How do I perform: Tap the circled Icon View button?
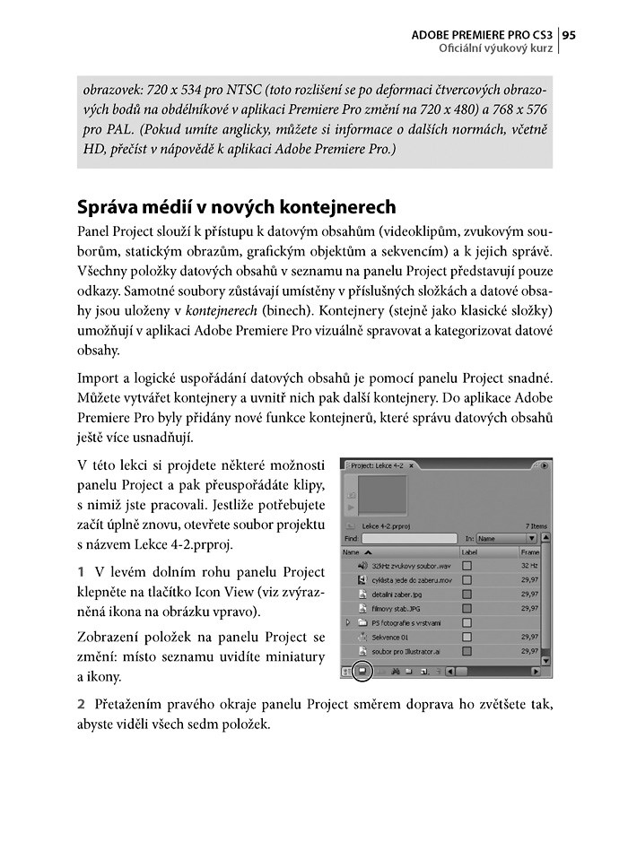coord(362,670)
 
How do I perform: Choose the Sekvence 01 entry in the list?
coord(396,636)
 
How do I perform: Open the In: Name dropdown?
coord(506,539)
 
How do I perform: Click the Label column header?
coord(470,552)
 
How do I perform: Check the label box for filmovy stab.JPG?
coord(467,608)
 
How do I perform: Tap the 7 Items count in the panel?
coord(536,525)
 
